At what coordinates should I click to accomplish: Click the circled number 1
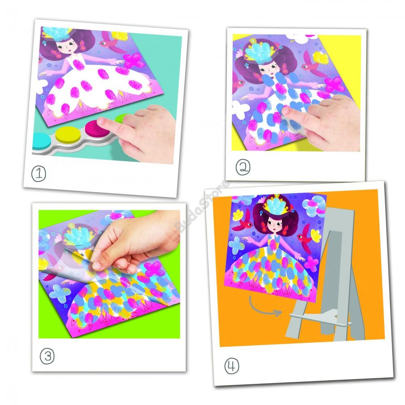tap(39, 174)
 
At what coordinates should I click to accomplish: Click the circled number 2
tap(243, 168)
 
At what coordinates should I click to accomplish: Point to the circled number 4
tap(232, 366)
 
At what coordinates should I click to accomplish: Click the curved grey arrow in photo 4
tap(264, 307)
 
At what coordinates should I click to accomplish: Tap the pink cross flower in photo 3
tap(154, 269)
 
